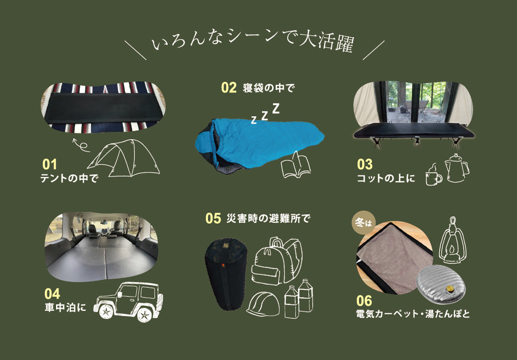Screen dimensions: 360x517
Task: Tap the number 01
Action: [50, 165]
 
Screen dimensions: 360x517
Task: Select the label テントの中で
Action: [69, 178]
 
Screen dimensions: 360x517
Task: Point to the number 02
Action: [229, 87]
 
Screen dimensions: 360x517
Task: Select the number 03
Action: [365, 165]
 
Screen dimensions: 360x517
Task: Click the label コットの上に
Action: [385, 178]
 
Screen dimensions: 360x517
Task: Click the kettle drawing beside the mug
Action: [456, 168]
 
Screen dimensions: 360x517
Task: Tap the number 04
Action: [52, 293]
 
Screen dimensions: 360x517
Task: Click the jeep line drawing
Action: [128, 300]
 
